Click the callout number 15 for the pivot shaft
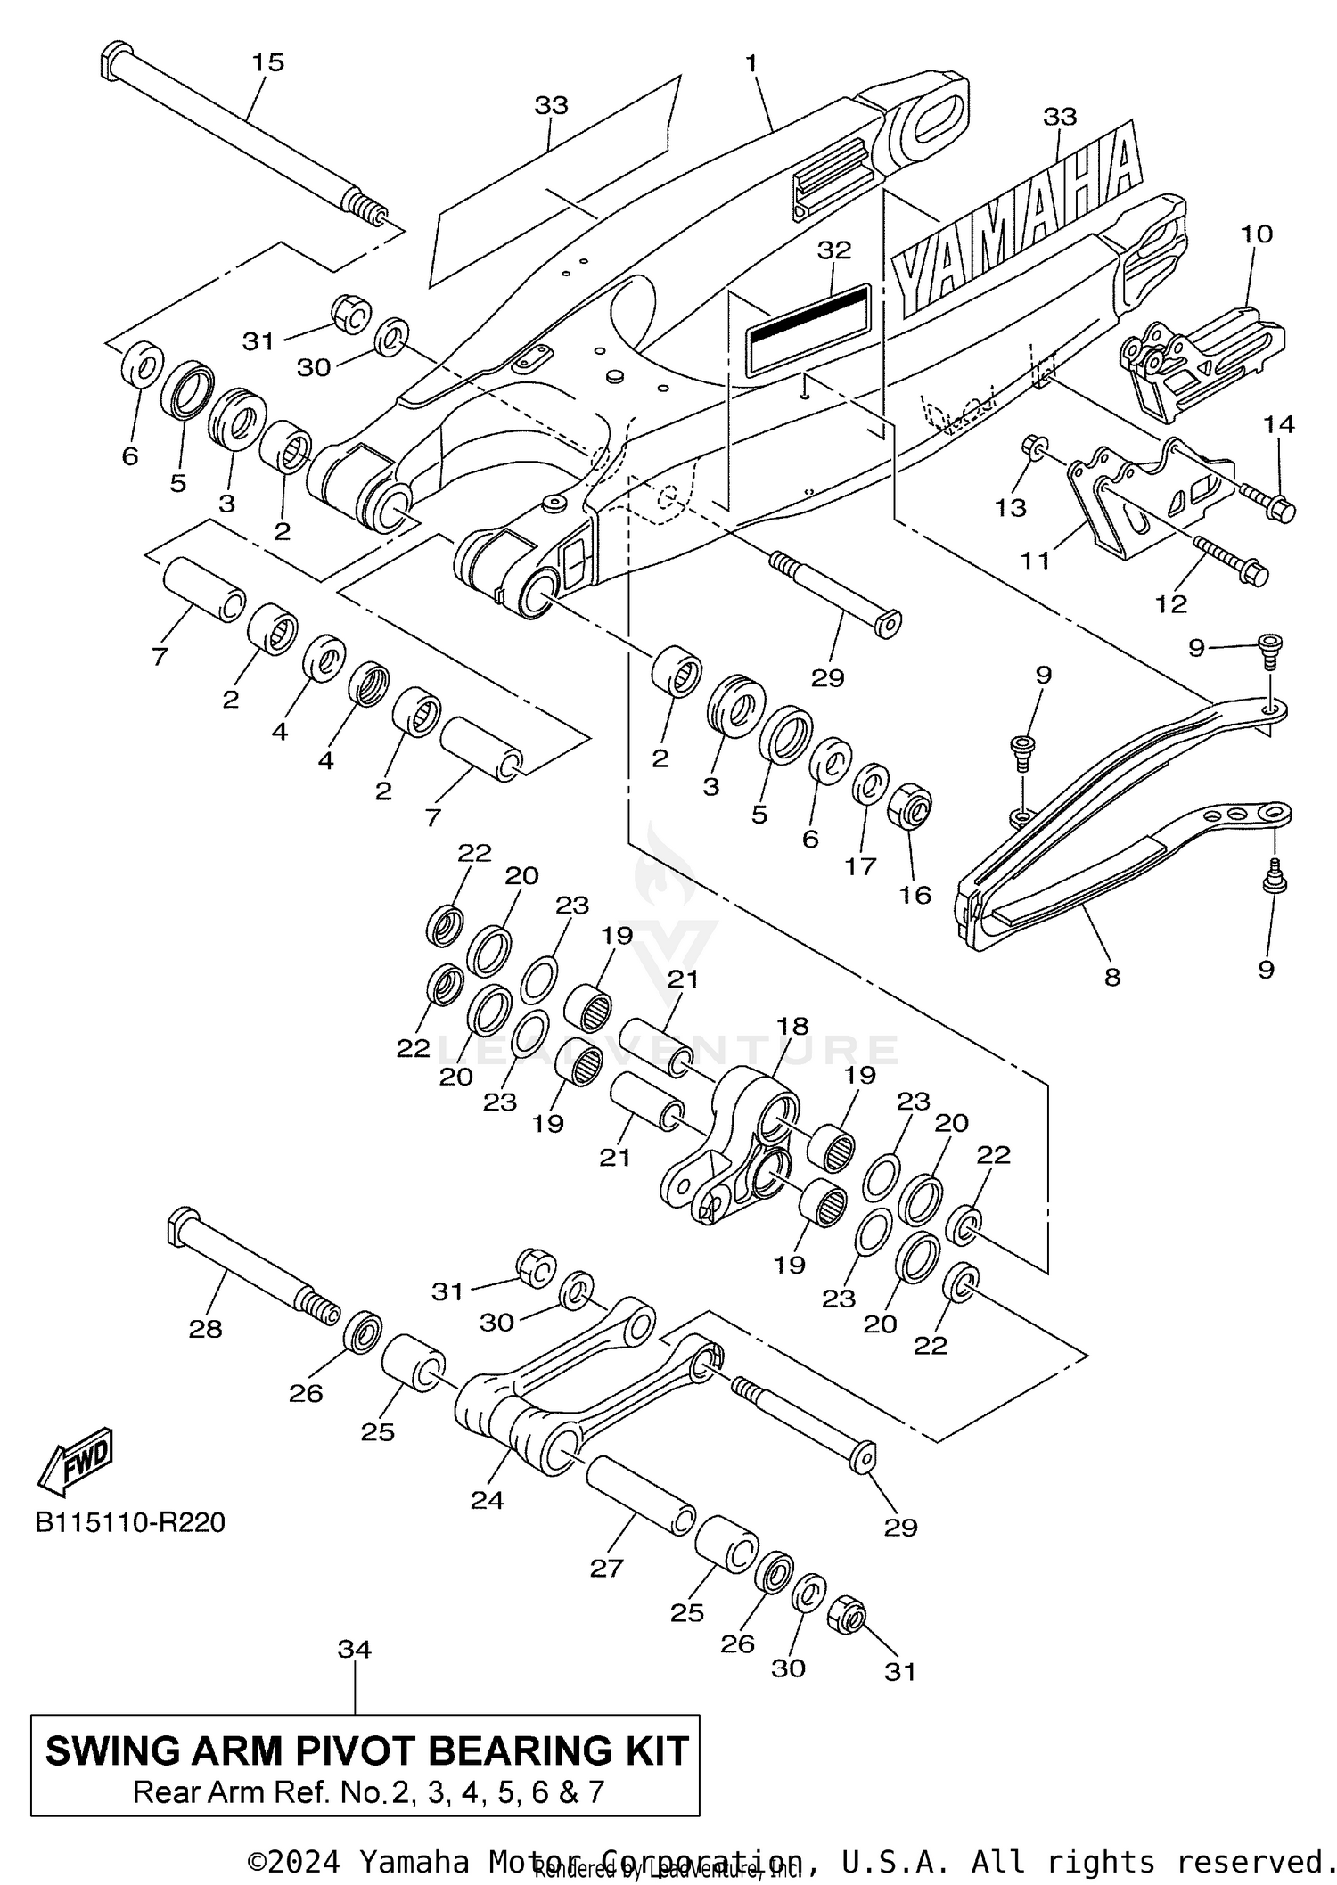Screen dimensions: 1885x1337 click(267, 62)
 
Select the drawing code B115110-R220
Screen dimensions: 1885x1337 click(130, 1521)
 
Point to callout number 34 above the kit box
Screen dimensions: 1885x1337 click(354, 1650)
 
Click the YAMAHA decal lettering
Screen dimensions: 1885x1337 click(1016, 223)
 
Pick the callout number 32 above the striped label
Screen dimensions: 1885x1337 click(834, 250)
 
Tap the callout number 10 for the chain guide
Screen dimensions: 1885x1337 click(1256, 234)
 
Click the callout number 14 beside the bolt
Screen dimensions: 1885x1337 click(1279, 424)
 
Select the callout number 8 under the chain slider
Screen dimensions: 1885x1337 click(1111, 977)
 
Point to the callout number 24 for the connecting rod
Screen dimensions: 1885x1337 click(488, 1500)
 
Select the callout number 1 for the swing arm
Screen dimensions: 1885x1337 click(751, 63)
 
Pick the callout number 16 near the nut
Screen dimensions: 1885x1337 click(915, 894)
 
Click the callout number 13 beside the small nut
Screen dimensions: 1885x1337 click(1011, 507)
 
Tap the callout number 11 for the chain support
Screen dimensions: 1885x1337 click(1035, 560)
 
